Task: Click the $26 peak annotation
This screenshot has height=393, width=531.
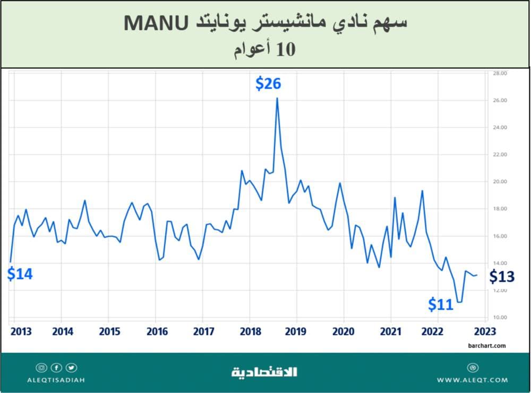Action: click(x=268, y=83)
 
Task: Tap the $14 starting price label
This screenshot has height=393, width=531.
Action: click(x=20, y=274)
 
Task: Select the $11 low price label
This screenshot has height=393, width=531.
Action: click(x=441, y=304)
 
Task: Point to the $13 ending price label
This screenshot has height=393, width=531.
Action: click(x=502, y=276)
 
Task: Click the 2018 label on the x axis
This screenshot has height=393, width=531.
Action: click(x=251, y=331)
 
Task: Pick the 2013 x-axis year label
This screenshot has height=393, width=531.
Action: click(x=20, y=331)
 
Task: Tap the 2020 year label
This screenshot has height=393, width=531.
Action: click(x=344, y=331)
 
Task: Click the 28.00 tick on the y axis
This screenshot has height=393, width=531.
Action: click(x=500, y=73)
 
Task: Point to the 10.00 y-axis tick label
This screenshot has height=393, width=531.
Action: click(x=500, y=318)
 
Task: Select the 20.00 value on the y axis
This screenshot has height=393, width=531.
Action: click(x=500, y=182)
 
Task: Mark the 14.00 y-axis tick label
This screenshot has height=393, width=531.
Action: click(x=500, y=264)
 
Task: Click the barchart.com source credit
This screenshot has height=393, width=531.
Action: click(x=487, y=346)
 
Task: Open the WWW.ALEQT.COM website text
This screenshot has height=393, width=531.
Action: click(x=473, y=380)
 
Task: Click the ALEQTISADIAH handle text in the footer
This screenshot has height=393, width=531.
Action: click(x=56, y=380)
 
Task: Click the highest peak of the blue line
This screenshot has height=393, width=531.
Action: click(x=277, y=98)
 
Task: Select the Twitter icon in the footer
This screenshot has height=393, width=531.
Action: click(x=71, y=368)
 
